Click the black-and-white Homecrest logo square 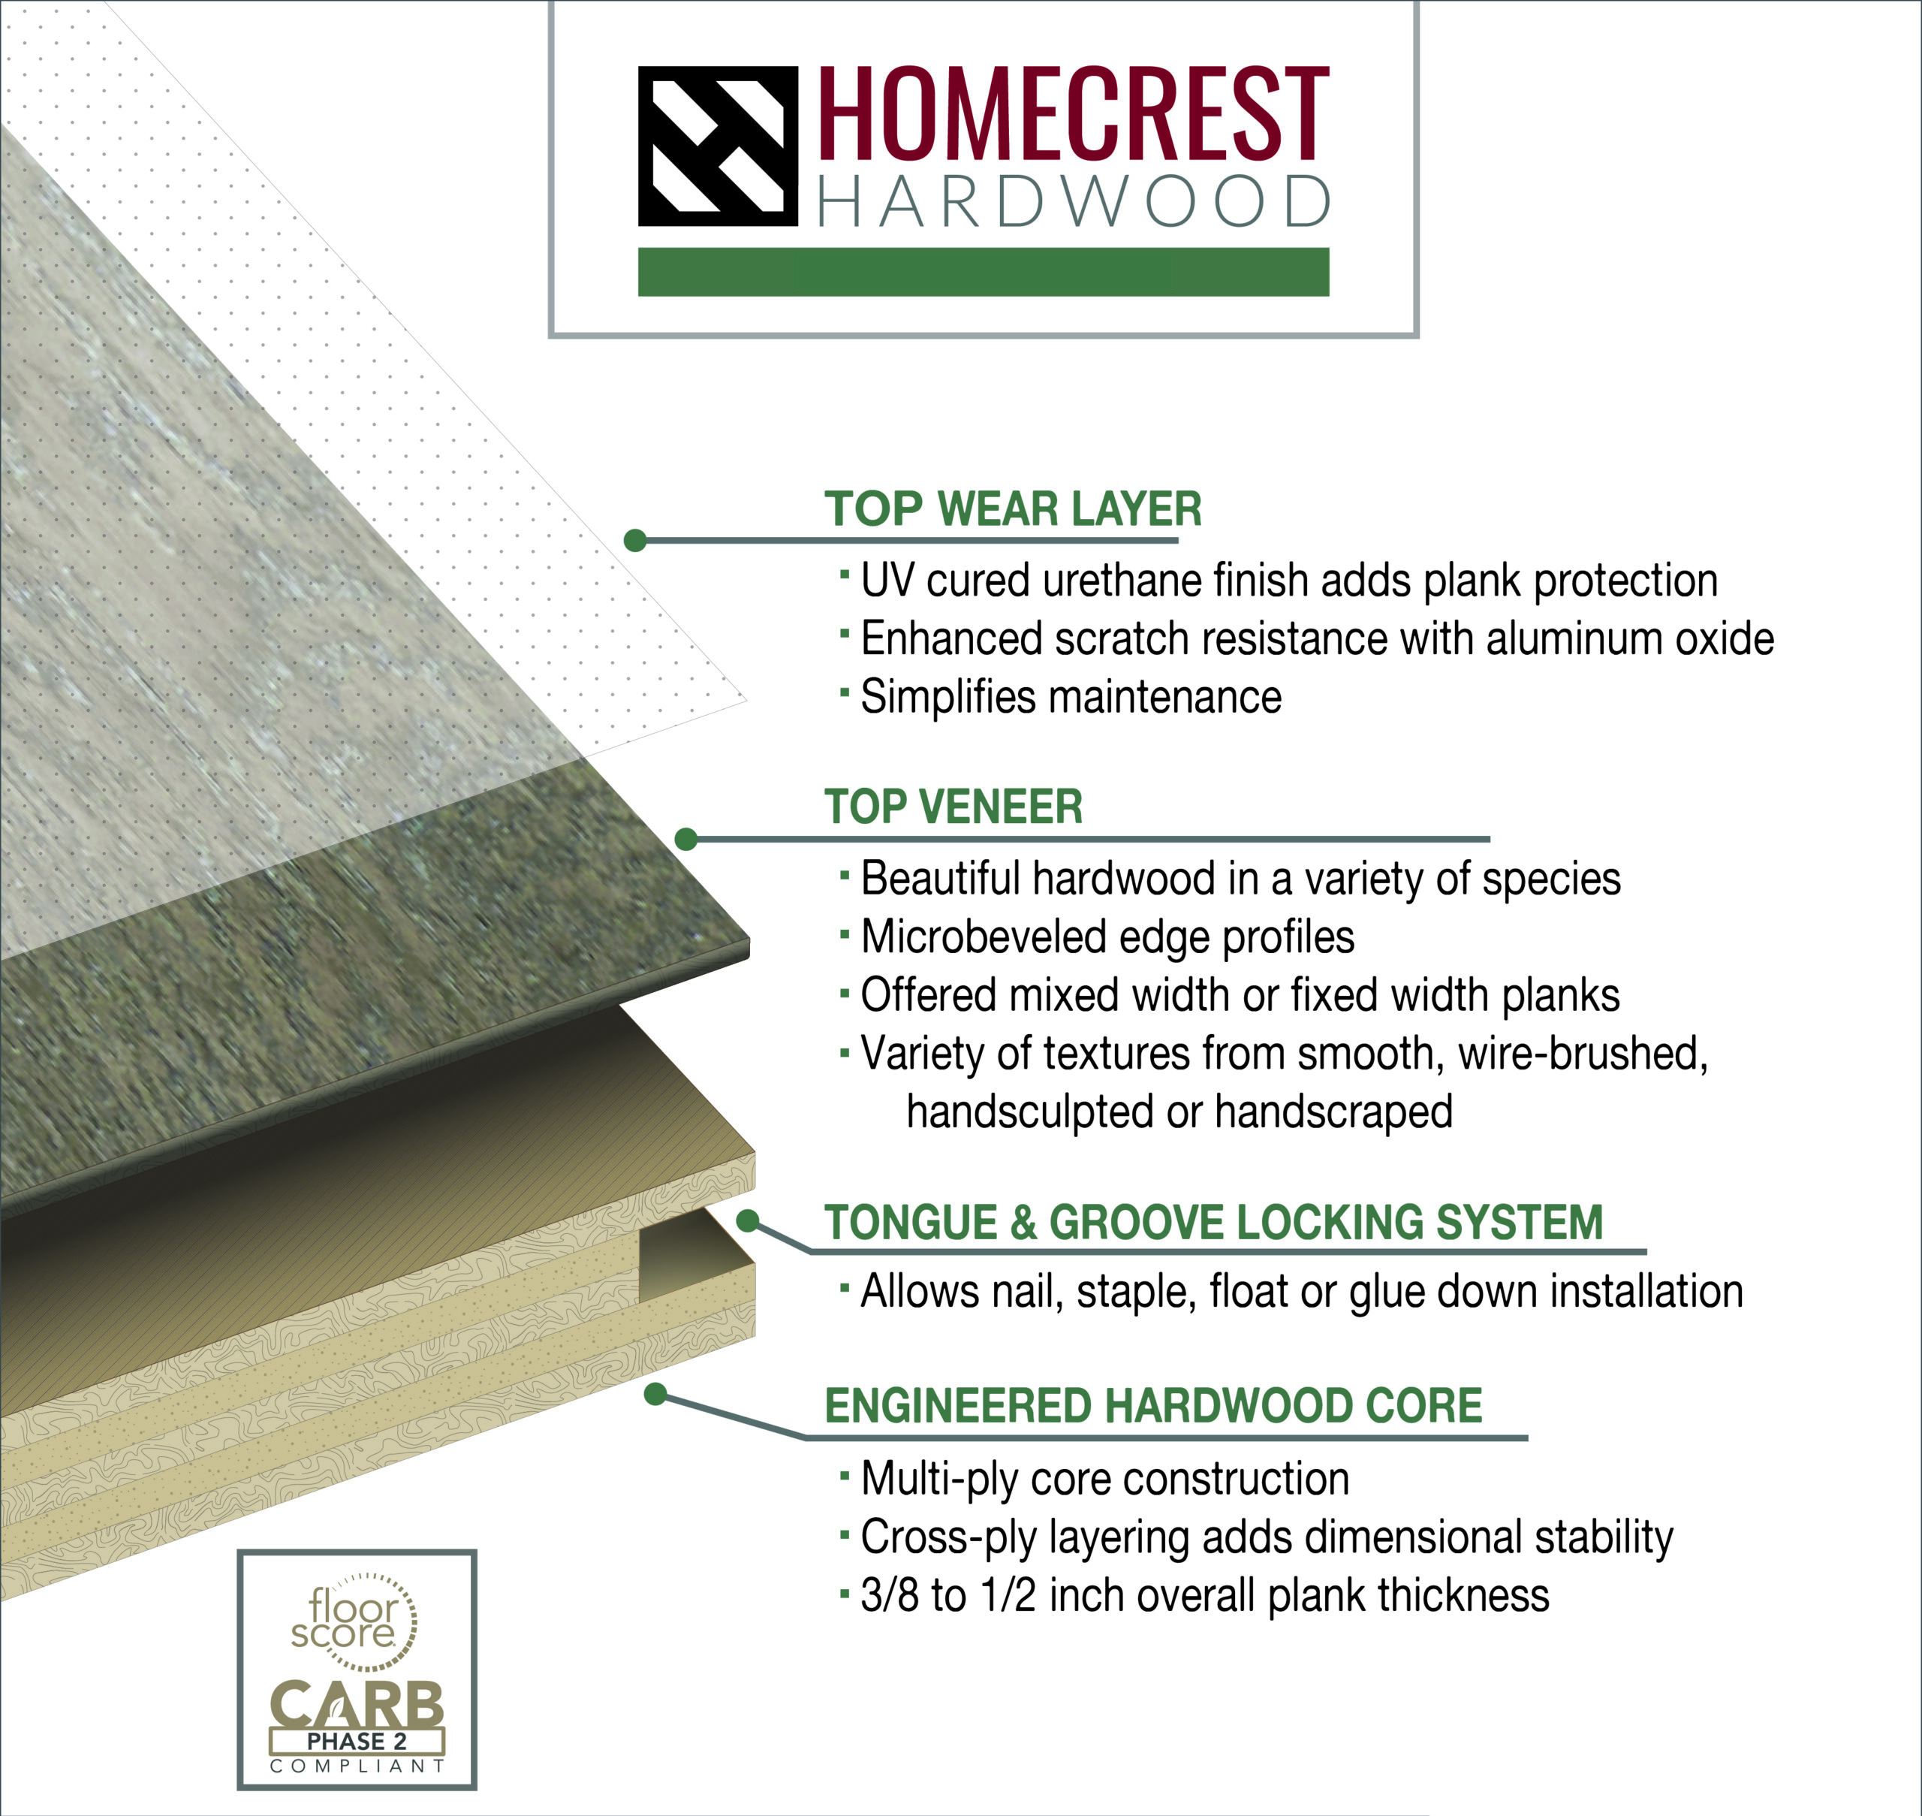[x=718, y=146]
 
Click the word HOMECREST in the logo [x=1074, y=113]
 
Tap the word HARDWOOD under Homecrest [x=1074, y=201]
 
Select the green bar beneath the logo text [x=984, y=272]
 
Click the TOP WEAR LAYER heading [x=1012, y=509]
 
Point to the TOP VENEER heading [x=953, y=807]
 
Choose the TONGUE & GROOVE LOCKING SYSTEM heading [x=1213, y=1222]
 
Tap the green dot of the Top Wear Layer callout [x=635, y=540]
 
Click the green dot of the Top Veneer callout [x=686, y=839]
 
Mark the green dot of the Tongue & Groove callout [x=748, y=1222]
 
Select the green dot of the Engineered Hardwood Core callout [x=655, y=1394]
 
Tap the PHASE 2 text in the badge [x=356, y=1740]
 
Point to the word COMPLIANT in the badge [x=356, y=1766]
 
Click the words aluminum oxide [x=1630, y=639]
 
